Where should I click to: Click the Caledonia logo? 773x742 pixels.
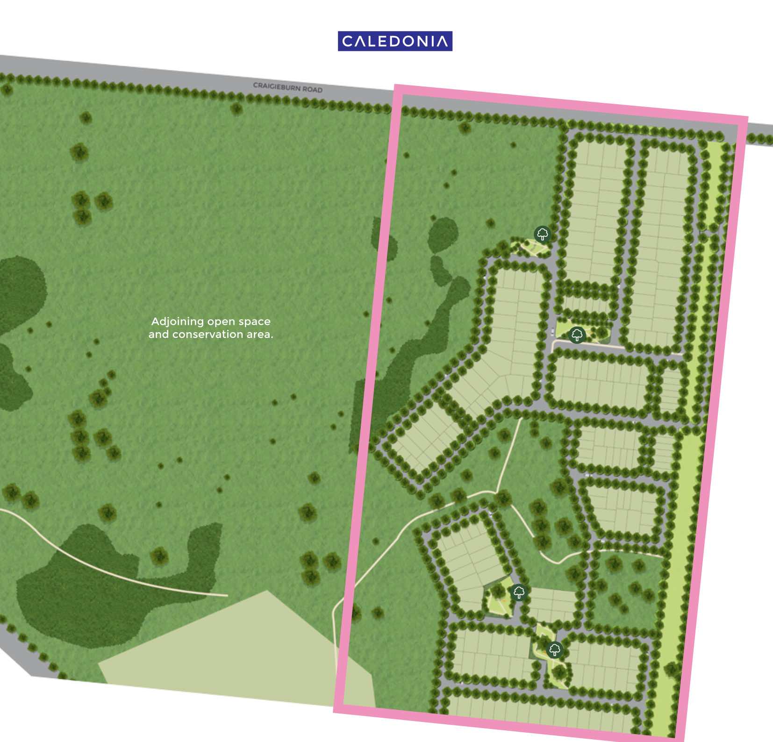[395, 41]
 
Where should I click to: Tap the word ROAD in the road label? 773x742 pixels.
[312, 89]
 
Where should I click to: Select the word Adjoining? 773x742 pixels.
[178, 321]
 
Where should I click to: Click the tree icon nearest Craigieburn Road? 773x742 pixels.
[542, 234]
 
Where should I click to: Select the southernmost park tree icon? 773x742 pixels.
[555, 649]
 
